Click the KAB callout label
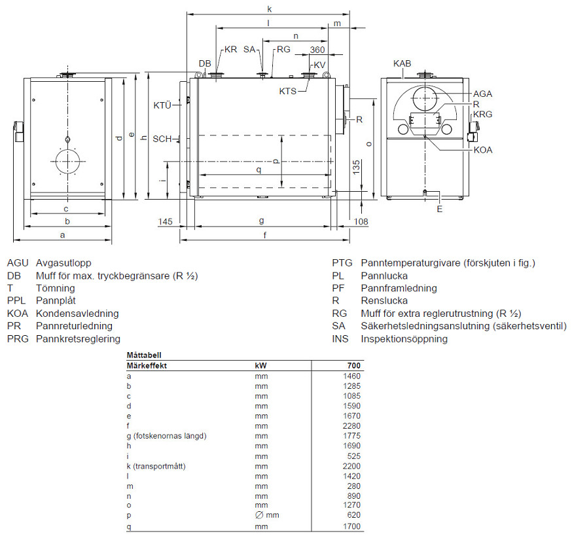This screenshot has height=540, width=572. coord(402,63)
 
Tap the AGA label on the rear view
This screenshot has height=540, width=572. coord(482,94)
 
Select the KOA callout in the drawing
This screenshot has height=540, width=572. coord(483,150)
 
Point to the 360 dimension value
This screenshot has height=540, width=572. coord(317,50)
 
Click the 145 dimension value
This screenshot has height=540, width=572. coord(166,221)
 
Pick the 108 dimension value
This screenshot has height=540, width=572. coord(361,221)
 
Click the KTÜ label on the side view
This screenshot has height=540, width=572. coord(162,105)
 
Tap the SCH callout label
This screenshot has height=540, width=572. coord(162,139)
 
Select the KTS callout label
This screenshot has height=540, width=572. coord(288,91)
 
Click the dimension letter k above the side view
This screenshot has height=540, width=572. coord(270,9)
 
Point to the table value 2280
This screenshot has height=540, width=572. coord(351,426)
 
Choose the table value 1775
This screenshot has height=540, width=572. coord(351,436)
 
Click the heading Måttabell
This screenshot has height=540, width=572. coord(144,355)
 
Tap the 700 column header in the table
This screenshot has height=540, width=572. coord(354,366)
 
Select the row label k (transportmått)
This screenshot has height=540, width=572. coord(156,466)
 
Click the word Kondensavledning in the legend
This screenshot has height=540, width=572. coord(77,314)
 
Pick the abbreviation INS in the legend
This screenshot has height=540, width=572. coord(340,338)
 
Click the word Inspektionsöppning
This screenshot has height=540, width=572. coord(404,339)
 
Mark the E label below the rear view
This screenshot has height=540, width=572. coord(440,209)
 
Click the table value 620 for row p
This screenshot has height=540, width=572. coord(354,515)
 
